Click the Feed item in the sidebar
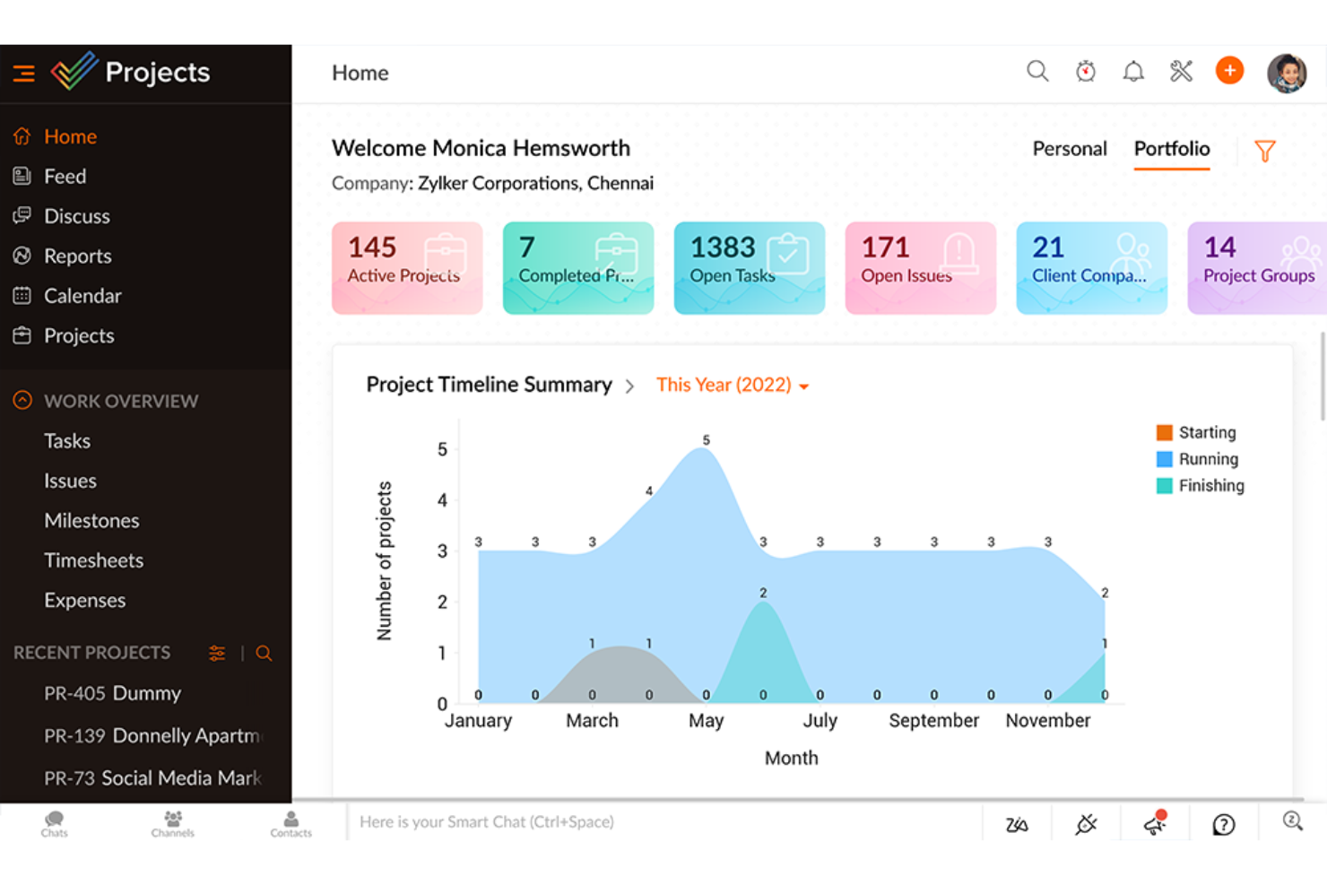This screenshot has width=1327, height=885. point(65,177)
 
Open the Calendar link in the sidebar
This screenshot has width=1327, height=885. point(82,296)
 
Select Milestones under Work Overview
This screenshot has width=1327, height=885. point(91,521)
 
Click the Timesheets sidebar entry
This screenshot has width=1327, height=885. point(93,560)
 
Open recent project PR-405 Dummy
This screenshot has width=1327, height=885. point(112,693)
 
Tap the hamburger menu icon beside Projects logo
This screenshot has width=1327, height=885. point(24,73)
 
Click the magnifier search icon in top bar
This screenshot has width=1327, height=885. point(1037,72)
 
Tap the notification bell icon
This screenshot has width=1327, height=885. point(1133,72)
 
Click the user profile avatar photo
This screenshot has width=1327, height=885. point(1286,73)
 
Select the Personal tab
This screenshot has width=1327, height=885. point(1069,149)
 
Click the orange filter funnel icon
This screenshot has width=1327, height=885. point(1264,151)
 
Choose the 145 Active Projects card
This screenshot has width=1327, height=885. point(407,268)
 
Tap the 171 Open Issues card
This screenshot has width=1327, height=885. point(920,268)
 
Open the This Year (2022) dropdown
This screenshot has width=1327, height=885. point(732,386)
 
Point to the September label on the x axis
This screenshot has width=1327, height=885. point(933,721)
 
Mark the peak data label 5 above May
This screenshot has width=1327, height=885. point(706,440)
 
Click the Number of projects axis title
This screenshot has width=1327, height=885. point(385,560)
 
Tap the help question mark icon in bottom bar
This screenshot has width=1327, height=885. point(1223,824)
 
